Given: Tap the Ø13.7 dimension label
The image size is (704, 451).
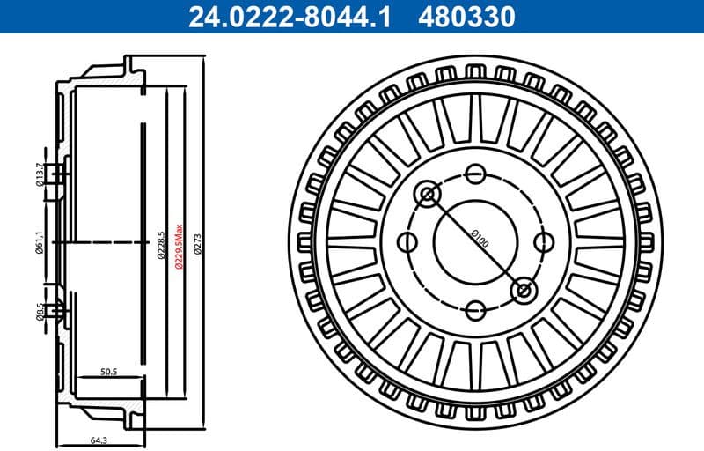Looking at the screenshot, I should (40, 174).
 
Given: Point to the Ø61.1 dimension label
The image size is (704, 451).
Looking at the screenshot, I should (40, 240).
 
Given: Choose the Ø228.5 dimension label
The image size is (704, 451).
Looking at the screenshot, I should (160, 240).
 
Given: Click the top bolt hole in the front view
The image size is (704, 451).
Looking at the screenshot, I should (475, 173).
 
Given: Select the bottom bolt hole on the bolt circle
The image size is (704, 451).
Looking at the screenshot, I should (475, 309).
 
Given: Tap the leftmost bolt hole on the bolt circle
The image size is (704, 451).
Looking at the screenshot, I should (407, 240).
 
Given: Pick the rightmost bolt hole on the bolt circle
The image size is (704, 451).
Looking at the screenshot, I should (544, 240).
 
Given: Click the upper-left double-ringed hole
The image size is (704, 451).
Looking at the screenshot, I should (429, 194).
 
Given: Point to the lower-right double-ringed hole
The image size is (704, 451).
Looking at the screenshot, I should (523, 288).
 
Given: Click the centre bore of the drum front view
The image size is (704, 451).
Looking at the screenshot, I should (475, 240).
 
